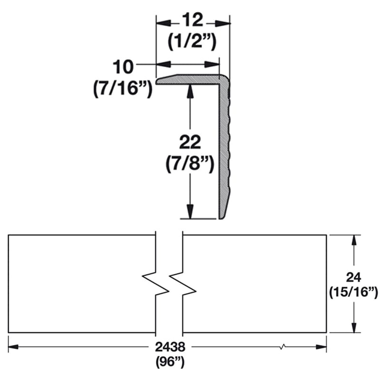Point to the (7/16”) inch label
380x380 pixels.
123,88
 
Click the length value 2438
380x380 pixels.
170,346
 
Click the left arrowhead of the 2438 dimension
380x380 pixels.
14,347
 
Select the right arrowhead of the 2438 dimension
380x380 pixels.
321,347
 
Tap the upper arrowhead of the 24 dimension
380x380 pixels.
353,240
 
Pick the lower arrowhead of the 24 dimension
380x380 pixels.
353,328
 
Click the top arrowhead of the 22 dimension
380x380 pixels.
190,90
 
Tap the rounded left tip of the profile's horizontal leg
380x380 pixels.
158,81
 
